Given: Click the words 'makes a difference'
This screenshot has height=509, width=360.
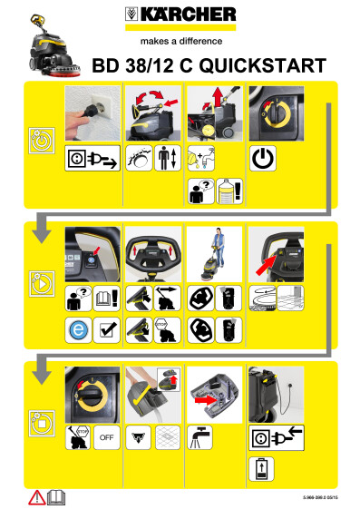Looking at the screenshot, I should (180, 40).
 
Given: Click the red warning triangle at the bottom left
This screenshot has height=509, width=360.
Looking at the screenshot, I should (36, 497).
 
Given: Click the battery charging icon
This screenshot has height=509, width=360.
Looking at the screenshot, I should (261, 469).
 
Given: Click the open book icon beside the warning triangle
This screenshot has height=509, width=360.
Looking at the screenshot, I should (55, 497).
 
